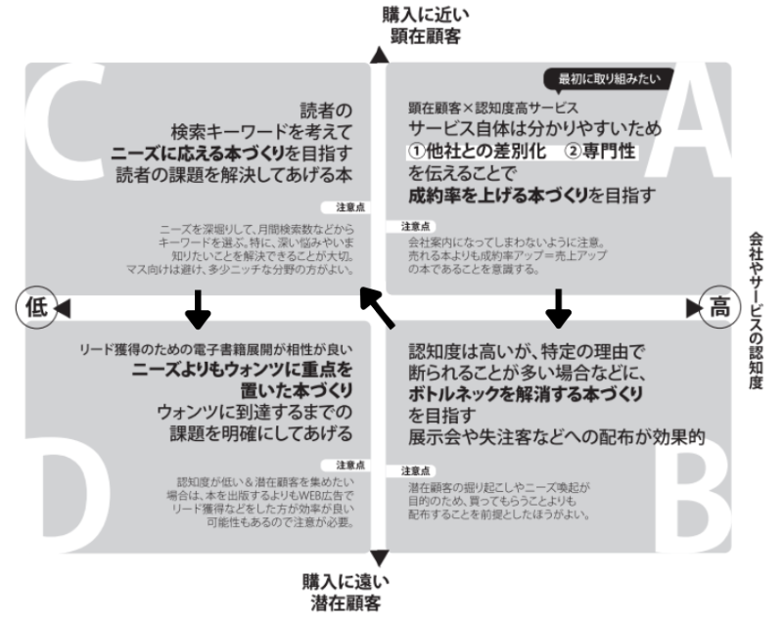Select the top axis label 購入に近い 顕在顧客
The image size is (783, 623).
(x=421, y=25)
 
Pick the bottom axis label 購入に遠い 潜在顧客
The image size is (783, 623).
(x=342, y=591)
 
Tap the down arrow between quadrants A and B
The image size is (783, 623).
(x=558, y=308)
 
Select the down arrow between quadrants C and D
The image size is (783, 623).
(x=198, y=309)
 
